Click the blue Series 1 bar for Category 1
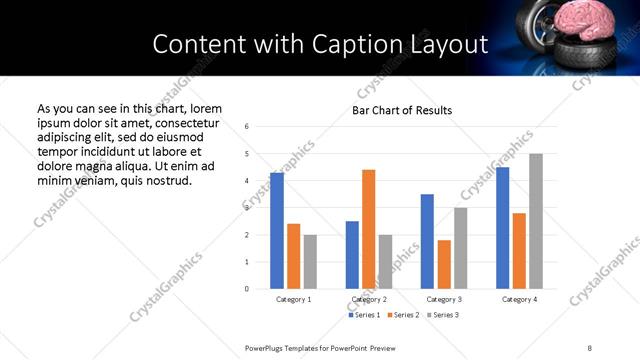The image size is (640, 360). click(x=277, y=231)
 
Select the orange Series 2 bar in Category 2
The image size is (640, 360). click(x=368, y=229)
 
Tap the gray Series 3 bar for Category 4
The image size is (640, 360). click(x=536, y=221)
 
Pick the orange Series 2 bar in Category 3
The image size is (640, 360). click(x=444, y=264)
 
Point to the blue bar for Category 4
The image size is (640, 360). click(x=503, y=228)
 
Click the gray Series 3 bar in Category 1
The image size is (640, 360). click(x=310, y=262)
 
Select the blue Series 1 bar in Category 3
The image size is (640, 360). click(x=427, y=241)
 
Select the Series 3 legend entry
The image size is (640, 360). click(x=443, y=315)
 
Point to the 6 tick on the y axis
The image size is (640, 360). click(x=247, y=127)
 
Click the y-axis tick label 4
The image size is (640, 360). click(x=247, y=181)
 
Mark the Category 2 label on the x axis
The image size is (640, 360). click(x=369, y=300)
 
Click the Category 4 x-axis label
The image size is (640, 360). click(x=519, y=300)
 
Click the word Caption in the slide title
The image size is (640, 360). click(x=335, y=44)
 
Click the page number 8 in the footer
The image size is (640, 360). click(x=589, y=346)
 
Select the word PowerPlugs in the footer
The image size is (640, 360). click(x=267, y=346)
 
